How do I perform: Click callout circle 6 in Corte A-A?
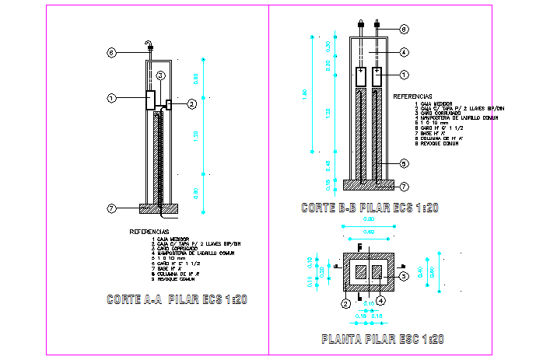coord(111,53)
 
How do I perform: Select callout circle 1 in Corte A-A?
coord(111,99)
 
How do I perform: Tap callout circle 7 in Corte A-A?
coord(111,208)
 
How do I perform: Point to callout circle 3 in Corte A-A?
coord(159,75)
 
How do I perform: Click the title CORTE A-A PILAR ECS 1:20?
coord(177,299)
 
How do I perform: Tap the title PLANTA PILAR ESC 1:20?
coord(382,339)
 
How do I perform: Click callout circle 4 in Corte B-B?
coord(405,52)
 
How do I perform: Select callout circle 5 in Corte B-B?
coord(405,163)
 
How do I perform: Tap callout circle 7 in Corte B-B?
coord(405,187)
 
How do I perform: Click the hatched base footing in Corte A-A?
coord(159,208)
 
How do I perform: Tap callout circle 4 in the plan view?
coord(380,300)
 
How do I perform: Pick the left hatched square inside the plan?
coord(362,272)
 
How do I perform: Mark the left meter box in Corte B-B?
coord(362,77)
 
